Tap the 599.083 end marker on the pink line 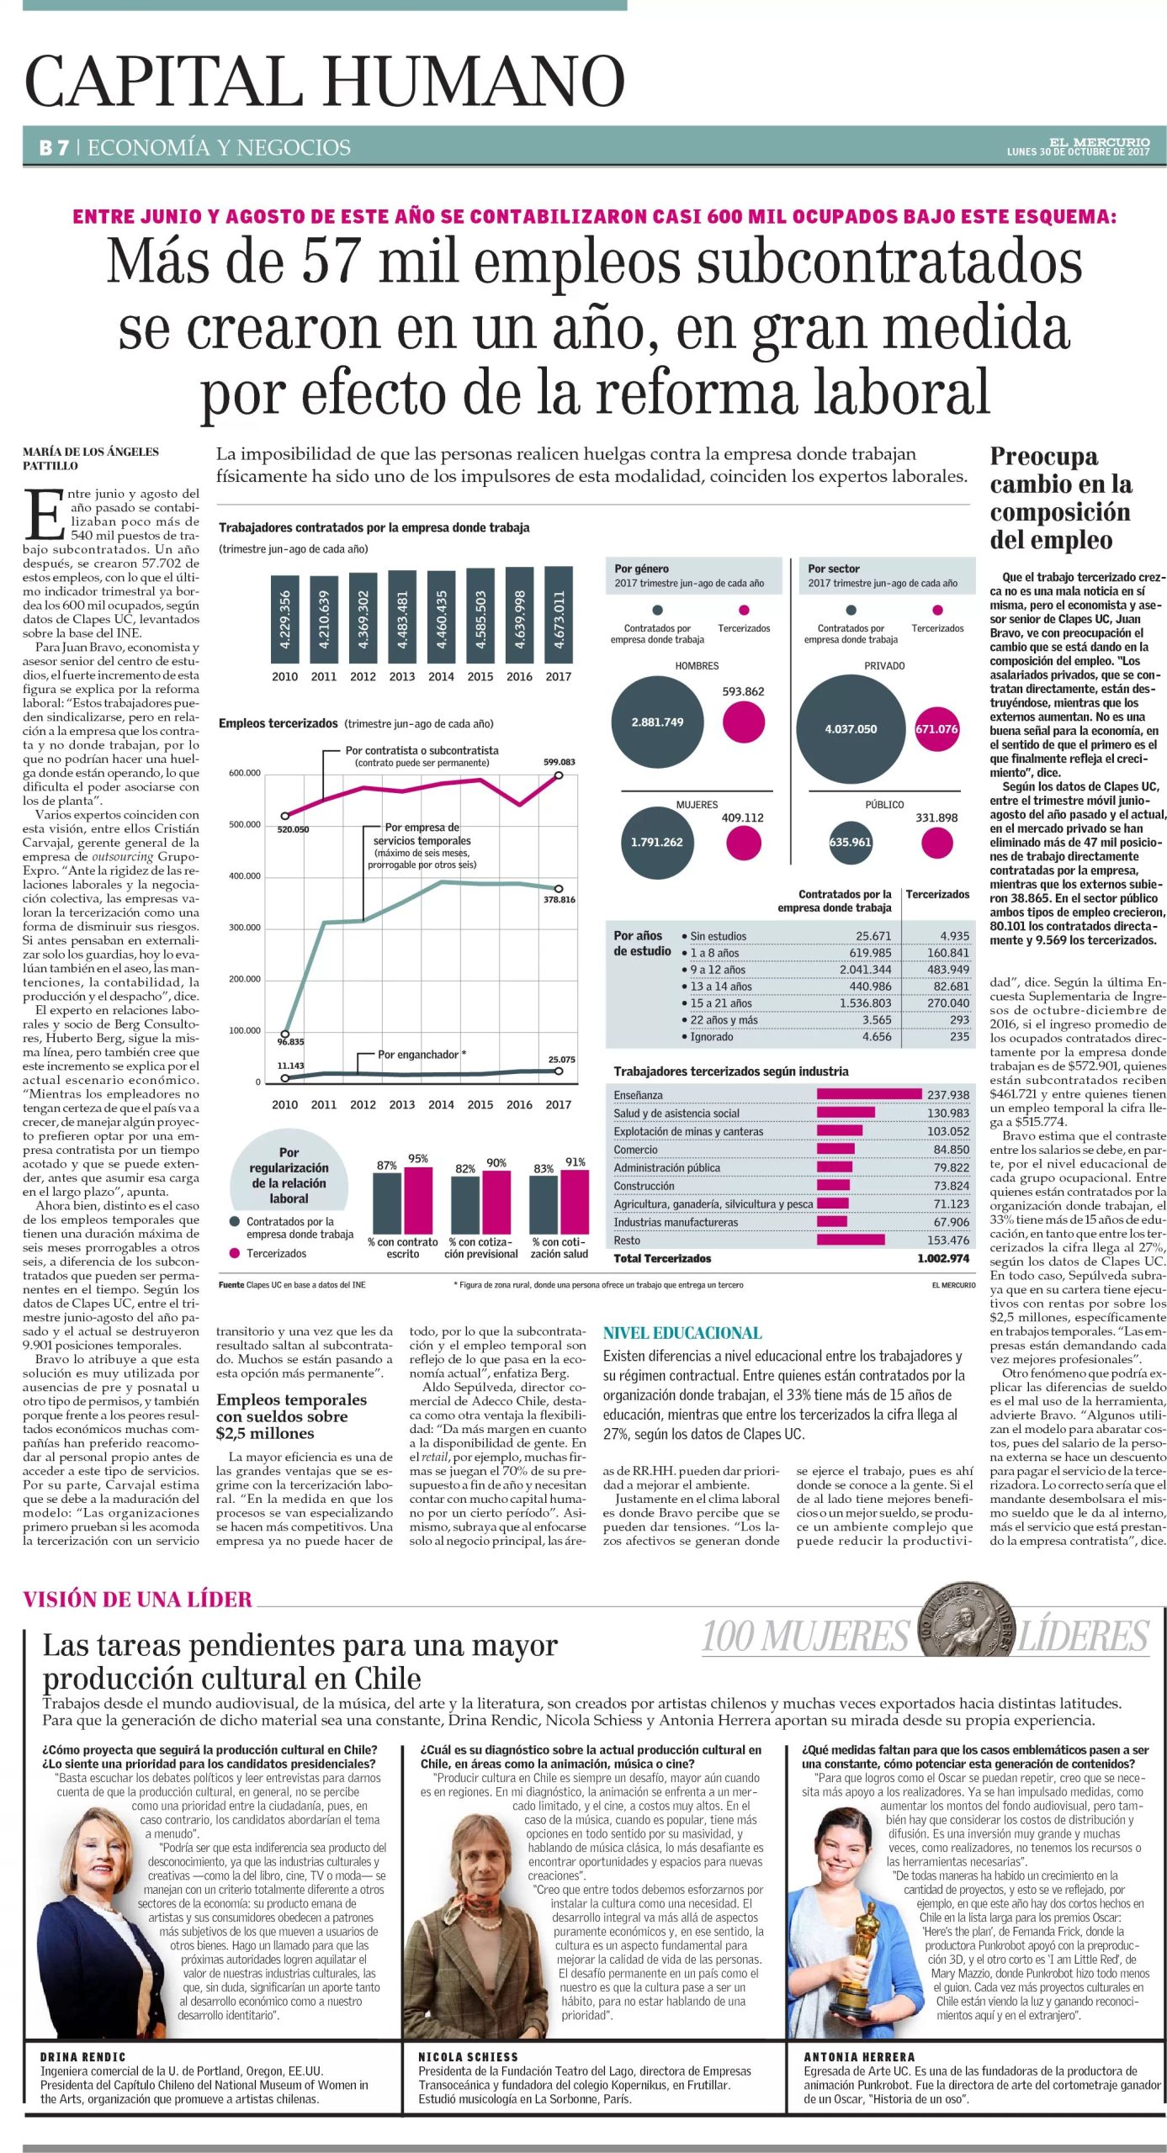point(559,775)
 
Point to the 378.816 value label point(560,899)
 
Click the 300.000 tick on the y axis point(245,927)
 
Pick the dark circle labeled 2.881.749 point(657,722)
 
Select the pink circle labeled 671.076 point(936,728)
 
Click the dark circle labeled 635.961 point(851,842)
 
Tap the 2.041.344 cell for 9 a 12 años point(865,969)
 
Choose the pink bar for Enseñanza point(869,1094)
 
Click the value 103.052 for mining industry point(948,1131)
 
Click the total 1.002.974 point(943,1258)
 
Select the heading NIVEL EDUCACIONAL point(682,1333)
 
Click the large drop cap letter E point(44,514)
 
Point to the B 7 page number point(54,148)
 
